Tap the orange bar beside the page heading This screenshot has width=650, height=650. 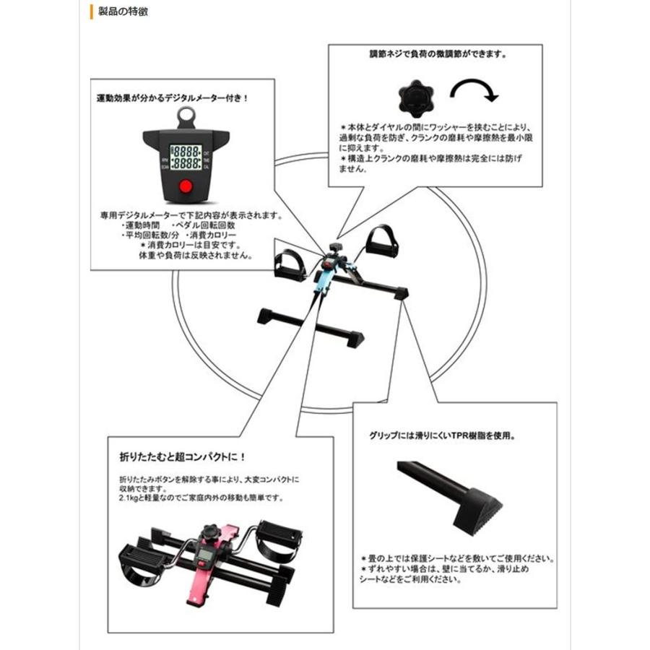pyautogui.click(x=91, y=12)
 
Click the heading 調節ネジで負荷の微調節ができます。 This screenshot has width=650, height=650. pyautogui.click(x=438, y=54)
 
